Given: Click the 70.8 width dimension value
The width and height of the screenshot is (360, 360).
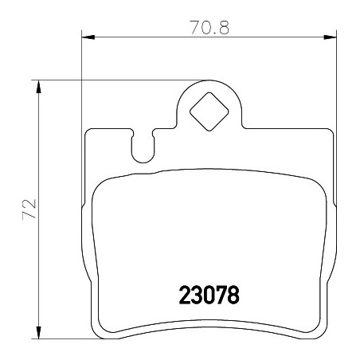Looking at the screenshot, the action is tap(209, 27).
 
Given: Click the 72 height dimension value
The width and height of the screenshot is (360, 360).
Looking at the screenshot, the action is tap(29, 209).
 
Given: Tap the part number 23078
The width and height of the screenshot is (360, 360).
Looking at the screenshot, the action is tap(209, 295).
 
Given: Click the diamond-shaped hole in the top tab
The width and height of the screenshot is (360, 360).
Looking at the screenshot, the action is tap(209, 112).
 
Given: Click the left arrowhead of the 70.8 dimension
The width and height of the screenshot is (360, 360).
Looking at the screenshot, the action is tap(88, 37).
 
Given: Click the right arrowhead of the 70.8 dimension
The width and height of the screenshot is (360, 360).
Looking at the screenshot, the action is tap(330, 37).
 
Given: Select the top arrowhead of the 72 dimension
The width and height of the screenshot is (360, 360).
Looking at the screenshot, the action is tap(39, 87).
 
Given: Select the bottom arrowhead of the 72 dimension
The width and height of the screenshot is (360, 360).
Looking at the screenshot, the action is tap(39, 332).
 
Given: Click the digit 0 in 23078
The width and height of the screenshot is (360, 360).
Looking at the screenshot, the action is tap(209, 295).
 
